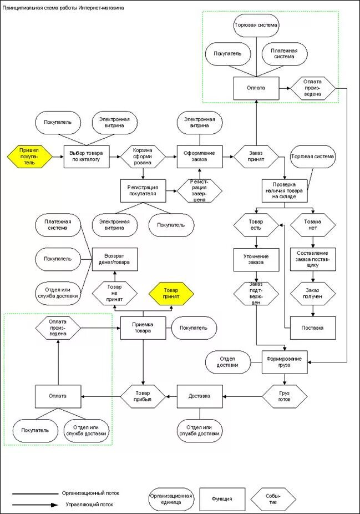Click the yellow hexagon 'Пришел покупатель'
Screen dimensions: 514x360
[x=29, y=157]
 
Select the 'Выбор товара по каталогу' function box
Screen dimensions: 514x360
[x=87, y=157]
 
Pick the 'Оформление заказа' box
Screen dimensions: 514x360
[x=200, y=157]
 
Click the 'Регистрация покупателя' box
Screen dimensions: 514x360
[x=143, y=190]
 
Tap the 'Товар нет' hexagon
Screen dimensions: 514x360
[x=313, y=225]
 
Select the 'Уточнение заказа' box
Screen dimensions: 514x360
[x=256, y=259]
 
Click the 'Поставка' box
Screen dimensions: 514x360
[x=313, y=327]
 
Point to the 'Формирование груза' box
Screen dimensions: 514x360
[x=285, y=362]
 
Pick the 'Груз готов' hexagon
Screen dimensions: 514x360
[x=285, y=396]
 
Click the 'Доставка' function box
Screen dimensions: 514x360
[x=200, y=396]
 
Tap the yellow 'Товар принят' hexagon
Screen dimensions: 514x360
[x=171, y=293]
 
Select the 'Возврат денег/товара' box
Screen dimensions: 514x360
[x=114, y=259]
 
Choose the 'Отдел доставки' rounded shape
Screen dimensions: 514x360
[x=228, y=362]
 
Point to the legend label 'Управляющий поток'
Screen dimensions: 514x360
[x=89, y=505]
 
